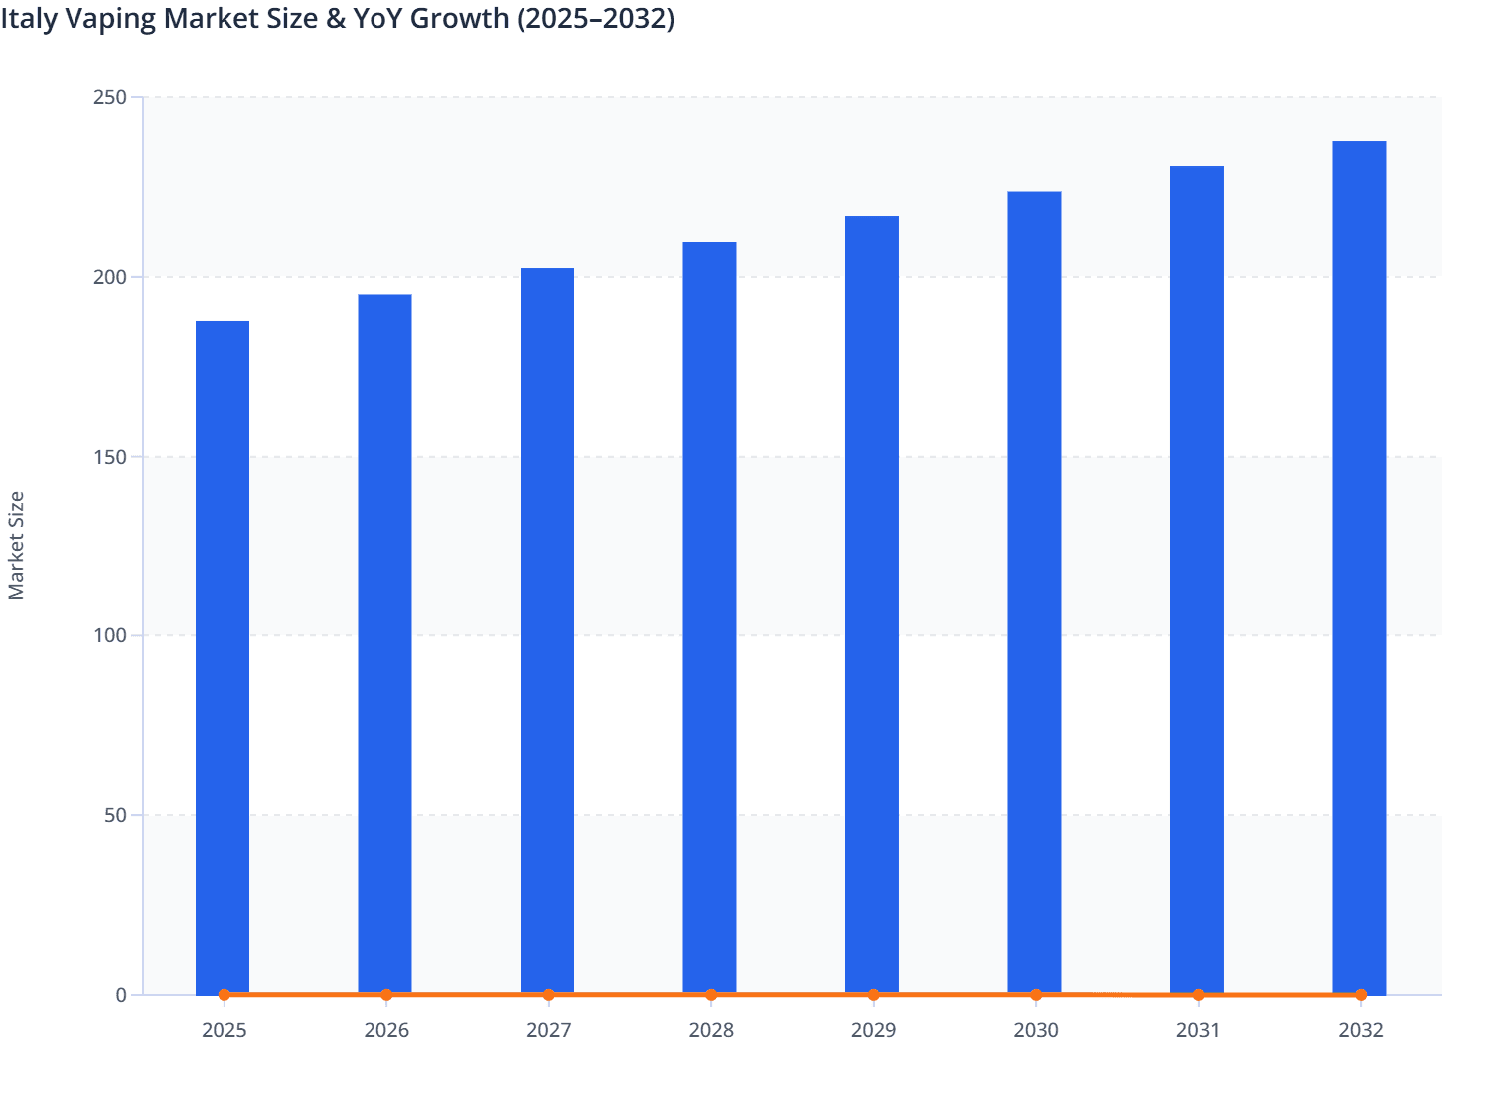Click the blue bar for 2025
tap(223, 655)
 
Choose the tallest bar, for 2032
tap(1359, 566)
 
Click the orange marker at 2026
tap(386, 994)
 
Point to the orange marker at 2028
tap(711, 994)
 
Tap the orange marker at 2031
tap(1198, 994)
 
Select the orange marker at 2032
tap(1361, 994)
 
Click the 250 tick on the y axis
tap(110, 97)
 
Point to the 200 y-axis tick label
tap(110, 277)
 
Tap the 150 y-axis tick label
tap(110, 457)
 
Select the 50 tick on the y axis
tap(115, 815)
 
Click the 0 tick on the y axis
tap(121, 995)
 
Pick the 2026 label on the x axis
tap(386, 1030)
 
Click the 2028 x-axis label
tap(711, 1030)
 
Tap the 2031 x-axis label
tap(1198, 1030)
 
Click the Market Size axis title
tap(16, 545)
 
